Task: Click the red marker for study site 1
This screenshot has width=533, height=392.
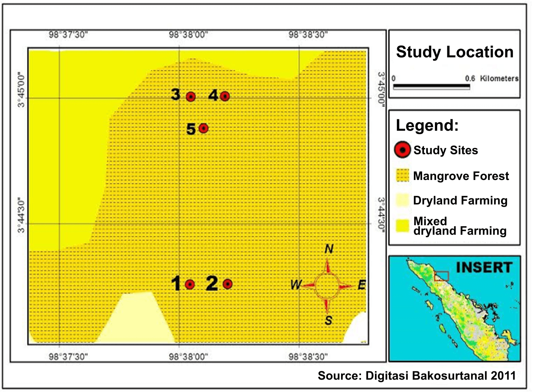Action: [x=190, y=284]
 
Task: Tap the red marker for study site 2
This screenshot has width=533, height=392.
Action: [x=227, y=284]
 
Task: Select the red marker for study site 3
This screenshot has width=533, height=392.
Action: [x=191, y=97]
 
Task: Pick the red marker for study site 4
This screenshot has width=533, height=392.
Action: [x=225, y=96]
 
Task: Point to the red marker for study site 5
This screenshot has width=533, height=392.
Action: [x=203, y=128]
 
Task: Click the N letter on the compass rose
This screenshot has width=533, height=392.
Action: [x=329, y=249]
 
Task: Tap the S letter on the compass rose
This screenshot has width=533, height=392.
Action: [x=329, y=320]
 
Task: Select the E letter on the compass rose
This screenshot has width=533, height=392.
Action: [x=361, y=285]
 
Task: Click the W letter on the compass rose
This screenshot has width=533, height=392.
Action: [x=296, y=285]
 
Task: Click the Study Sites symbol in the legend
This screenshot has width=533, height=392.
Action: [x=402, y=150]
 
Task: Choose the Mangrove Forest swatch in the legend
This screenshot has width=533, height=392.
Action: [x=402, y=175]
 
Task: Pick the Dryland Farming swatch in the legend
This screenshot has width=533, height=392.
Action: [x=402, y=200]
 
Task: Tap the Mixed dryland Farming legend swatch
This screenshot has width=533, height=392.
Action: [x=402, y=226]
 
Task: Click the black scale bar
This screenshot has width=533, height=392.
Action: [x=431, y=86]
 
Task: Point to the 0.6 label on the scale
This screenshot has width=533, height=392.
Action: [x=470, y=78]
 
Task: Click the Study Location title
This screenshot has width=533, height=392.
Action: [x=455, y=52]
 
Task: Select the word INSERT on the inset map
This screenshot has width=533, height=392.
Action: [x=484, y=267]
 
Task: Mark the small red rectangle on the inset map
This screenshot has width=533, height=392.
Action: [x=441, y=276]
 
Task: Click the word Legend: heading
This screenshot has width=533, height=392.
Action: [x=427, y=125]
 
